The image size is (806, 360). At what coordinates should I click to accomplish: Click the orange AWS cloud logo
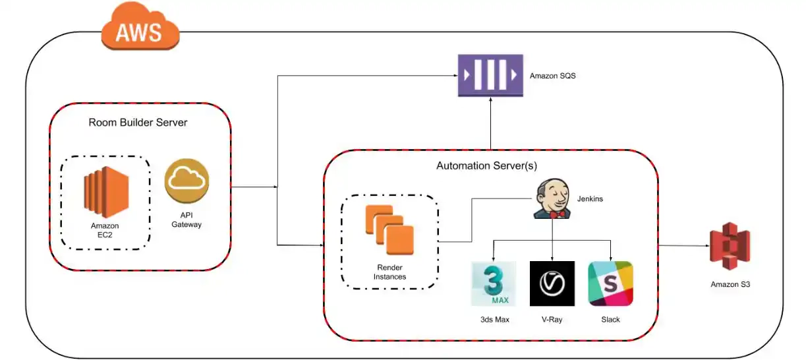coord(140,28)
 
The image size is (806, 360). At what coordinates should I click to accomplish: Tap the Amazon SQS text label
coord(552,76)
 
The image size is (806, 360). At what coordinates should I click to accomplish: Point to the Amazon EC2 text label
coord(105,230)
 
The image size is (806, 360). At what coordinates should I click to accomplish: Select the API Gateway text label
coord(187,220)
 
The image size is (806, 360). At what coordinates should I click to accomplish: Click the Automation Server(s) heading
coord(490,166)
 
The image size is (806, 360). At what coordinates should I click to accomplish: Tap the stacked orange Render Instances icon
coord(389,228)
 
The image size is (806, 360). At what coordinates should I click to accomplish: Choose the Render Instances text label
coord(389,272)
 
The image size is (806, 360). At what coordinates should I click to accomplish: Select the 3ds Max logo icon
coord(494,284)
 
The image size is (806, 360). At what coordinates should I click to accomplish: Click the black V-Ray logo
coord(552,284)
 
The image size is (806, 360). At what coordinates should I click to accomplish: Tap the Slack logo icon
coord(610,284)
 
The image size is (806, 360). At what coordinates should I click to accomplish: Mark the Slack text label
coord(610,320)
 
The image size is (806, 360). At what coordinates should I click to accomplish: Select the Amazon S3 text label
coord(730,285)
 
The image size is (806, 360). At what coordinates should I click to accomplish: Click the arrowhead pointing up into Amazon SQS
coord(490,102)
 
